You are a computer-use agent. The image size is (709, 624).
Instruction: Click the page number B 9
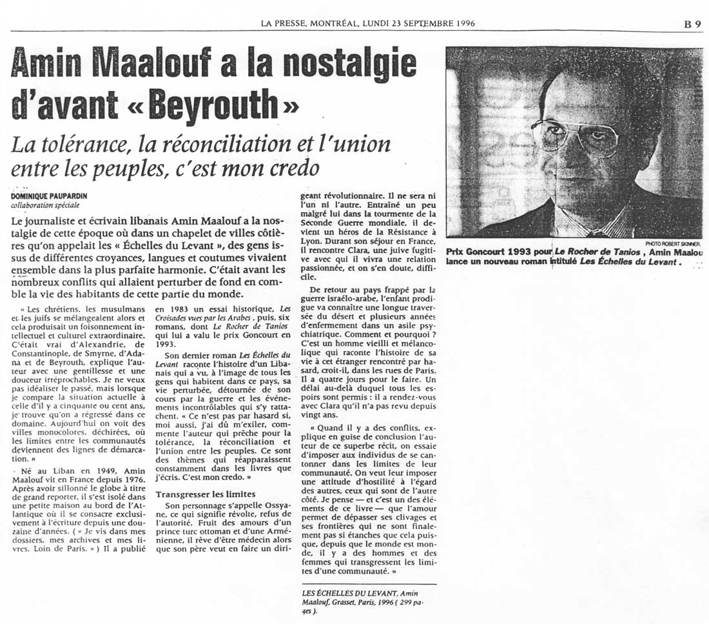pyautogui.click(x=692, y=24)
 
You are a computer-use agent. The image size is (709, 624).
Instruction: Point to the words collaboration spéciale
pyautogui.click(x=45, y=205)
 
